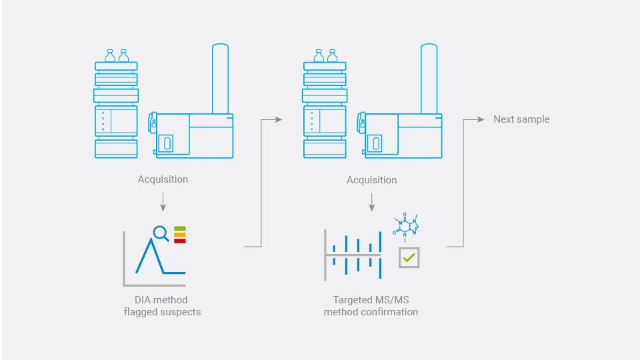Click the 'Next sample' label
tap(521, 119)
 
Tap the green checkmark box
tap(409, 257)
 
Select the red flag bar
tap(180, 241)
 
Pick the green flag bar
tap(180, 229)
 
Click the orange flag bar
tap(180, 235)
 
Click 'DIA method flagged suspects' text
tap(162, 306)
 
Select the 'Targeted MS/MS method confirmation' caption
tap(371, 306)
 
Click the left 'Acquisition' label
tap(163, 179)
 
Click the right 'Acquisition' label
tap(371, 180)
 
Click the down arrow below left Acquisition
tap(163, 203)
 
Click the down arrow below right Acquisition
tap(371, 203)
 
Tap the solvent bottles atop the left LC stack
tap(116, 55)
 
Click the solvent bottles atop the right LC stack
tap(325, 55)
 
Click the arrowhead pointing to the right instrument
tap(278, 119)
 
